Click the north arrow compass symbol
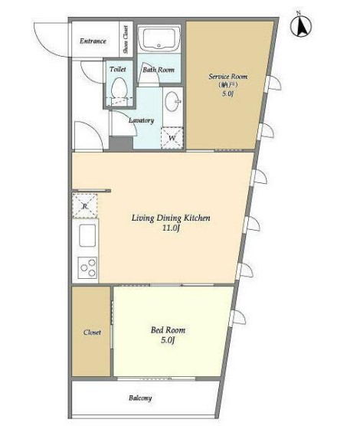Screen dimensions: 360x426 coord(301,26)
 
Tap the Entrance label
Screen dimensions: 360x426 coord(93,41)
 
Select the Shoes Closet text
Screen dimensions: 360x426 coord(126,39)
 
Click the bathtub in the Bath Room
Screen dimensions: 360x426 coord(159,38)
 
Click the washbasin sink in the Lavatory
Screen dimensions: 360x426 coord(172,101)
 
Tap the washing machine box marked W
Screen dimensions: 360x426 coord(172,138)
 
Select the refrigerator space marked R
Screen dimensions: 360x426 coord(85,206)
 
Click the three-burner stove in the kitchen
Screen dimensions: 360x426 coord(87,267)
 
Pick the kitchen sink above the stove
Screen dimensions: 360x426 coord(87,235)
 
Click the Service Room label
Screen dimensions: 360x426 coord(228,77)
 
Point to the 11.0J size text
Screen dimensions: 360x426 coord(171,228)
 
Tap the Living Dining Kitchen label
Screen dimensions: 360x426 coord(171,218)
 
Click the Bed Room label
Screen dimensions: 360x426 coord(169,330)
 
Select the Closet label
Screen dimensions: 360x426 coord(92,333)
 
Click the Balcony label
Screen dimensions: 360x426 coord(140,398)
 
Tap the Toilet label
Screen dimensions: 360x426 coord(118,69)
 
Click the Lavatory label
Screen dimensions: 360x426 coord(141,120)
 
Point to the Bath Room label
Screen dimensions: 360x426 coord(159,70)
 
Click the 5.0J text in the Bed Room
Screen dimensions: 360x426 coord(168,340)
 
